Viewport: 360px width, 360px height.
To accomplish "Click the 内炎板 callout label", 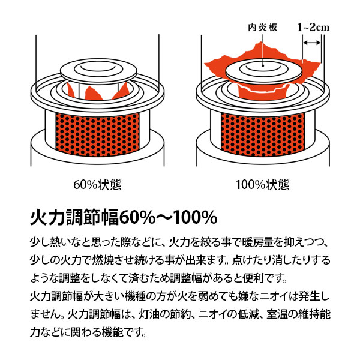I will [x=262, y=28].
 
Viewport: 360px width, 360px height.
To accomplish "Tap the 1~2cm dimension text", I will [x=313, y=28].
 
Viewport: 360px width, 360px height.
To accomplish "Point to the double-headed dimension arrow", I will [x=311, y=43].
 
